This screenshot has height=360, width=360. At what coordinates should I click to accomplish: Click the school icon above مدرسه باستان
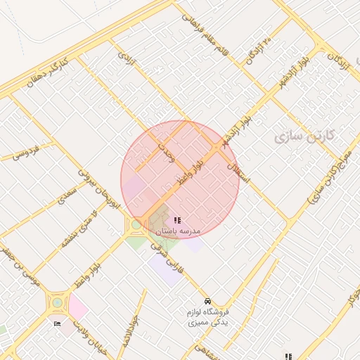click(x=176, y=220)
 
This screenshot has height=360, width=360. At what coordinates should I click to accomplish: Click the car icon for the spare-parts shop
click(x=207, y=300)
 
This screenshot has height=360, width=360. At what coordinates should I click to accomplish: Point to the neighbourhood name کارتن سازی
click(x=307, y=136)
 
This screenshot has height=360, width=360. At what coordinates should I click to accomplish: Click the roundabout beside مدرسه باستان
click(x=135, y=226)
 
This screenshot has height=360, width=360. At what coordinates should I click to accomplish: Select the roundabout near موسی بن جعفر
click(x=56, y=304)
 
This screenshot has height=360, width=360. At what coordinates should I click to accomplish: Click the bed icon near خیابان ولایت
click(x=57, y=323)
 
